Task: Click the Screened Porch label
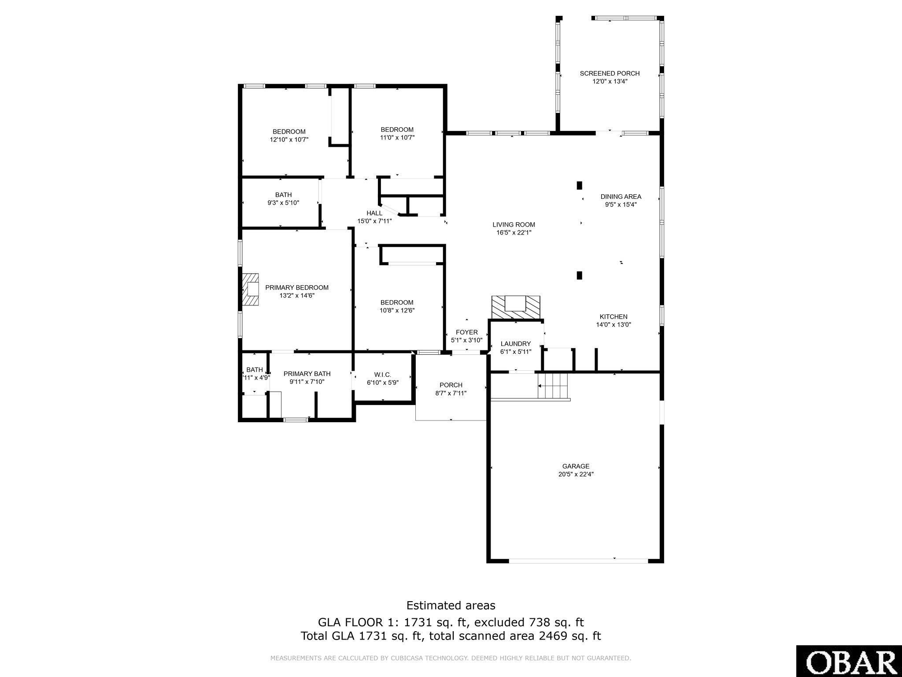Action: pyautogui.click(x=610, y=73)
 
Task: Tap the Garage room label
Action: pyautogui.click(x=576, y=466)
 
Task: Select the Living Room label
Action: pyautogui.click(x=514, y=224)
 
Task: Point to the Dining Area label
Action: pyautogui.click(x=621, y=197)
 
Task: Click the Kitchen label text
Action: pyautogui.click(x=614, y=316)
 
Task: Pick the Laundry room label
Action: pyautogui.click(x=516, y=344)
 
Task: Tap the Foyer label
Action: pyautogui.click(x=467, y=332)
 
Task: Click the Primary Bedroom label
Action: pyautogui.click(x=297, y=287)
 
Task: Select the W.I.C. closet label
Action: pyautogui.click(x=382, y=375)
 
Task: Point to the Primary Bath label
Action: pyautogui.click(x=307, y=374)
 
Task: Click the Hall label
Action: pyautogui.click(x=374, y=213)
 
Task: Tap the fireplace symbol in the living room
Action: pyautogui.click(x=516, y=307)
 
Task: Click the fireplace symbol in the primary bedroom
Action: pyautogui.click(x=250, y=289)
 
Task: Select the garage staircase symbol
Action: pyautogui.click(x=553, y=387)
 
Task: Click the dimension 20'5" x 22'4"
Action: pyautogui.click(x=576, y=474)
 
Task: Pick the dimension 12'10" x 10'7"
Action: pyautogui.click(x=289, y=140)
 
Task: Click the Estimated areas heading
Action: pyautogui.click(x=451, y=605)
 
